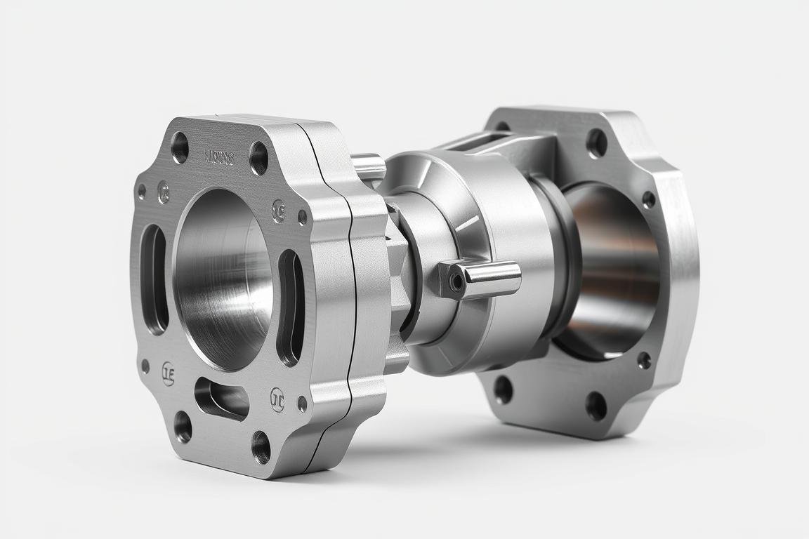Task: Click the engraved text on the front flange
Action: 219,157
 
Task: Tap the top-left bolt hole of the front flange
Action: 180,147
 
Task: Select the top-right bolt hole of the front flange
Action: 259,159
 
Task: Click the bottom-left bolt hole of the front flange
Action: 183,426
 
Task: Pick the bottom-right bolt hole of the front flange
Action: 261,446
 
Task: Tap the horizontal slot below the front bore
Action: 221,398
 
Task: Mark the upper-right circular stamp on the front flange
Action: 279,211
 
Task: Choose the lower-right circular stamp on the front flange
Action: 277,399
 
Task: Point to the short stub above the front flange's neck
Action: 368,167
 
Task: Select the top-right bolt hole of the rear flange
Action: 597,143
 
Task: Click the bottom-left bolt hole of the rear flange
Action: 503,389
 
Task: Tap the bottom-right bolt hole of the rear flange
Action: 596,406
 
